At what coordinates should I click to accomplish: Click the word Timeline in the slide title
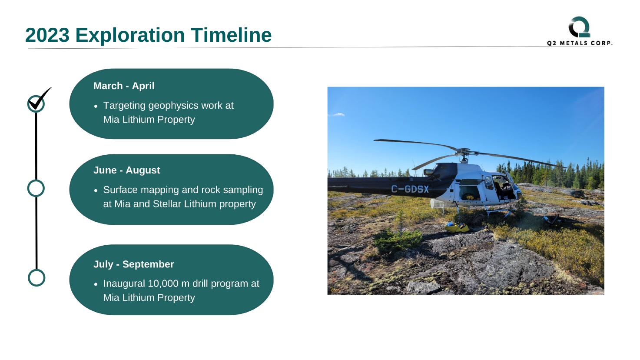(231, 35)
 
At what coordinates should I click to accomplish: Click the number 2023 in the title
(47, 35)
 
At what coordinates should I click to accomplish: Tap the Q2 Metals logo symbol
(580, 27)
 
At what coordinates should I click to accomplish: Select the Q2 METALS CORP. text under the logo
(580, 43)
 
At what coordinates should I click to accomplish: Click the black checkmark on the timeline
(40, 99)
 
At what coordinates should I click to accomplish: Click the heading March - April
(124, 86)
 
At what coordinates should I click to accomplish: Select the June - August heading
(126, 170)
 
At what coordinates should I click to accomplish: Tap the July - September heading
(134, 264)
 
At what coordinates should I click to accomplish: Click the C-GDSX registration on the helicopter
(410, 189)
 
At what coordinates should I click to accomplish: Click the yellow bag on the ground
(457, 227)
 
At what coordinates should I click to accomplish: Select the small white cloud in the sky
(338, 115)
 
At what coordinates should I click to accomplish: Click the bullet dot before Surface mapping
(96, 190)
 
